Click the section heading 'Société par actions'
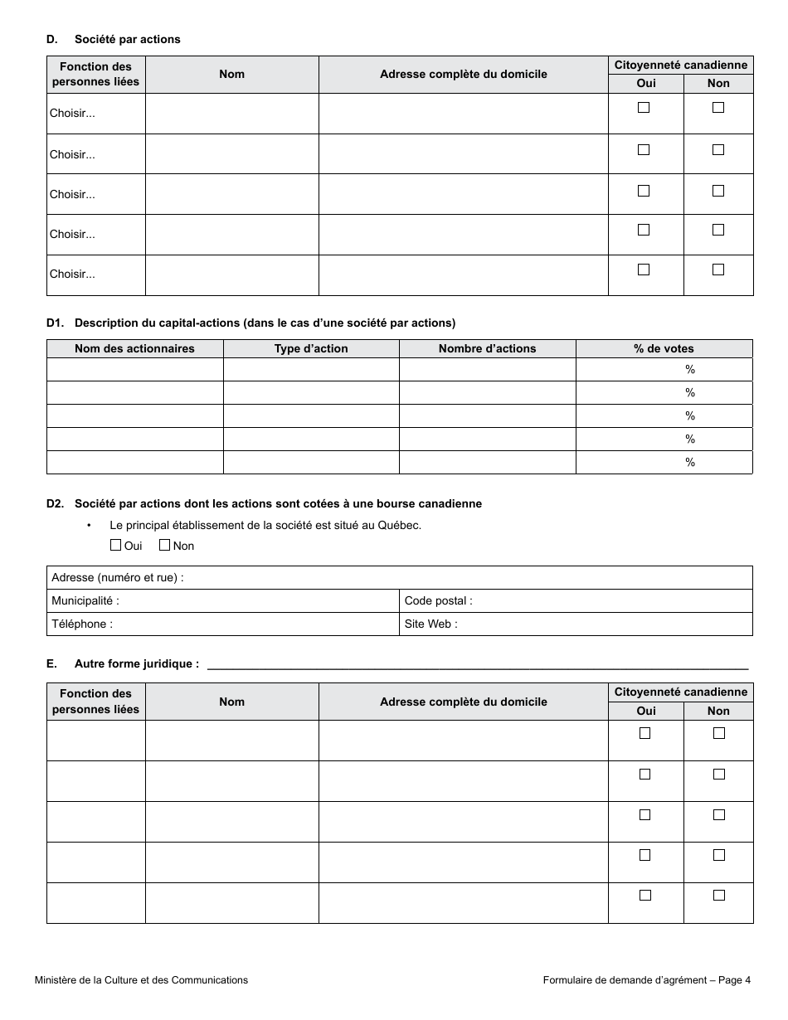coord(127,39)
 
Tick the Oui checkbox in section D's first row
coord(644,108)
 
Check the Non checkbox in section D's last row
coord(718,270)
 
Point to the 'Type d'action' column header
coord(311,348)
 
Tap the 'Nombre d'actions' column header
coord(487,348)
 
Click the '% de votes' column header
coord(664,348)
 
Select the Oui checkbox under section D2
coord(116,545)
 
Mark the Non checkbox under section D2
coord(164,545)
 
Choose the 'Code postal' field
coord(576,600)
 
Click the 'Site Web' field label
coord(430,624)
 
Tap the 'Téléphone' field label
coord(82,624)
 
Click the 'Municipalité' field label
coord(85,600)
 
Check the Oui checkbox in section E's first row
coord(645,733)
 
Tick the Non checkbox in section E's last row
coord(718,895)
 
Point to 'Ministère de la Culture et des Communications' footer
coord(141,979)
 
